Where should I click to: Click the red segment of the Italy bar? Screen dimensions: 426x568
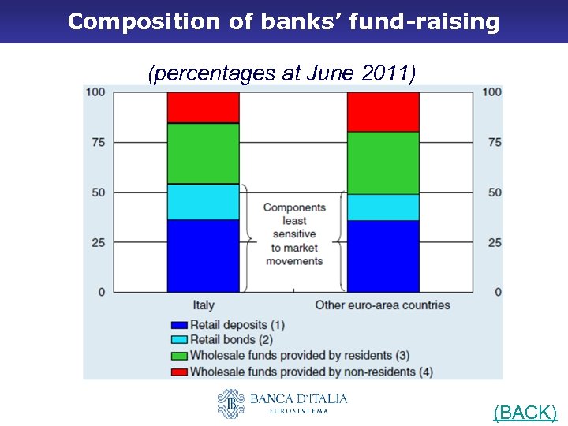coord(203,107)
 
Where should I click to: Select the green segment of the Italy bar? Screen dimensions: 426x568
coord(203,153)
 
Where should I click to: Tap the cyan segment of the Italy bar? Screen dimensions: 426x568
coord(203,201)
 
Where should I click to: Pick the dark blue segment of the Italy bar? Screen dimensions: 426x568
coord(203,256)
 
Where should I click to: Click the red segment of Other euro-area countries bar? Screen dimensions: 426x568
coord(383,111)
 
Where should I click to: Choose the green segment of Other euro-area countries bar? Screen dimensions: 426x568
coord(383,163)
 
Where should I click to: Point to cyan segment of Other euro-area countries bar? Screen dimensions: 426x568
coord(383,207)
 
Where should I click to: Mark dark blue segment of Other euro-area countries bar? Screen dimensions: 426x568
coord(383,256)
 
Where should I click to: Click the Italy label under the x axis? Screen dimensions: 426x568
coord(203,305)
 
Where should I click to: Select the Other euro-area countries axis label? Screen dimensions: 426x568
coord(383,305)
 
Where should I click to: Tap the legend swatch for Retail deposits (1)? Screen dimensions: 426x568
coord(178,324)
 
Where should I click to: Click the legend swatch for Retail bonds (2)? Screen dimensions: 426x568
coord(178,340)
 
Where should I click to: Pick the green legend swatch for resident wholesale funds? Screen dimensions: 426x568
coord(178,356)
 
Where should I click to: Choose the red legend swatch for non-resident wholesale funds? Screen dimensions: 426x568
coord(178,372)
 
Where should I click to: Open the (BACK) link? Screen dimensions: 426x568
coord(525,412)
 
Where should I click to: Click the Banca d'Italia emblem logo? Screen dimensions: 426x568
coord(232,403)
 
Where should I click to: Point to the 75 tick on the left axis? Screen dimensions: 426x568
coord(98,142)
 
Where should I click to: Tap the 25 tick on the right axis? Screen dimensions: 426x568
coord(495,242)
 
